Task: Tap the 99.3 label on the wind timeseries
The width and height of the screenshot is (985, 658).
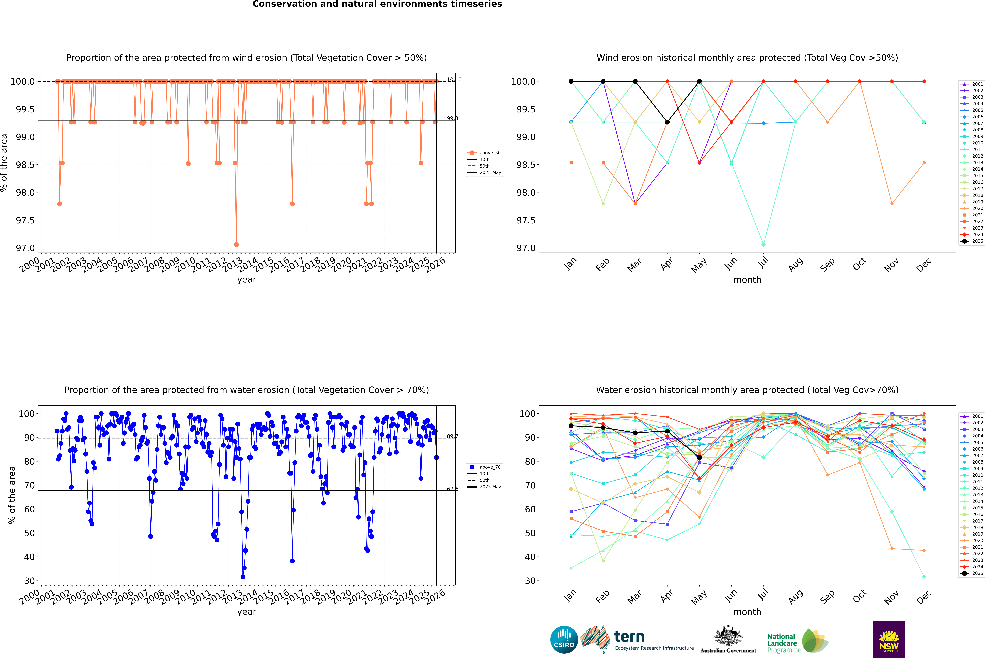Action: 452,118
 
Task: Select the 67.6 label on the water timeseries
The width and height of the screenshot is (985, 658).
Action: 452,489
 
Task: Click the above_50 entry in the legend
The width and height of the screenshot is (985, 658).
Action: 490,153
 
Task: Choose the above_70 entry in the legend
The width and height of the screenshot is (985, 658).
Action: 490,467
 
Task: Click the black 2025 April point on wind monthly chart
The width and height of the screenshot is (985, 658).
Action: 667,122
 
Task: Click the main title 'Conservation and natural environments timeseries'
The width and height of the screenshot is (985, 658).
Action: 377,4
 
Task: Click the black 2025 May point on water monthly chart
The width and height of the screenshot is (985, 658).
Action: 699,457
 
